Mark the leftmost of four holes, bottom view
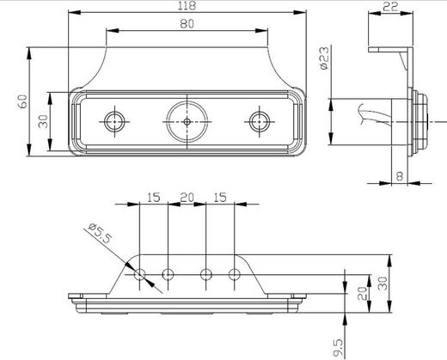139,275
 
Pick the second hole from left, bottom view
168,275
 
